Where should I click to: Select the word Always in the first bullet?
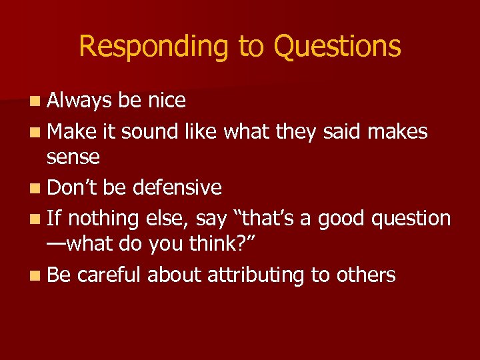79,101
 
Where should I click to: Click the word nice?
165,101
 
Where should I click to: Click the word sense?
73,158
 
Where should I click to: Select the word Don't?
73,187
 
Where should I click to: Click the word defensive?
177,187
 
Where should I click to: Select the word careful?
109,274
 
